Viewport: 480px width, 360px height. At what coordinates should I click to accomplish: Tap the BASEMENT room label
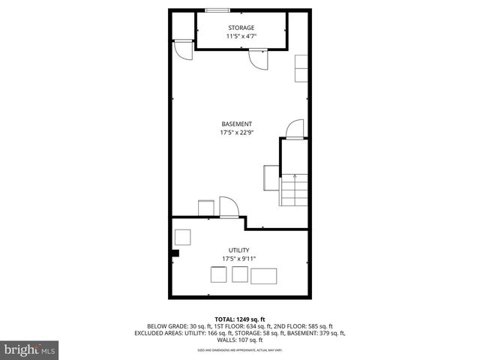click(x=236, y=124)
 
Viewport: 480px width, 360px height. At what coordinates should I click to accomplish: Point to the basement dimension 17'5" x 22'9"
click(x=236, y=133)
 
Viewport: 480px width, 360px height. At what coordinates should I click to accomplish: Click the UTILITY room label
click(x=239, y=250)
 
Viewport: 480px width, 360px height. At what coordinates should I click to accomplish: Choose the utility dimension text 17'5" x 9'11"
click(x=239, y=259)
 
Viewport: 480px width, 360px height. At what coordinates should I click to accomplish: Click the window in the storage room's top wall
click(x=218, y=10)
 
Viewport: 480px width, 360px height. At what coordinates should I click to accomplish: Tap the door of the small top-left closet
click(x=182, y=49)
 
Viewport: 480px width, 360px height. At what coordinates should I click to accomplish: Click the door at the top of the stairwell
click(x=294, y=129)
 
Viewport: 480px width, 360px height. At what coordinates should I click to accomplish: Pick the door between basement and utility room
click(x=229, y=207)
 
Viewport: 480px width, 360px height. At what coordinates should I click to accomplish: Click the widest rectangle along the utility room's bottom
click(x=263, y=275)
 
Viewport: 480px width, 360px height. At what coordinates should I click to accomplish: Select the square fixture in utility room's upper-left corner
click(x=184, y=238)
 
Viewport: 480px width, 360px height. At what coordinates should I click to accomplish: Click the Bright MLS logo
click(x=30, y=349)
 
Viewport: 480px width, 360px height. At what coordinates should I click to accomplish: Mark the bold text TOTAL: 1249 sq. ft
click(x=239, y=319)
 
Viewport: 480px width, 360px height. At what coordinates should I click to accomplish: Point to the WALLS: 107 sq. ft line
click(x=239, y=340)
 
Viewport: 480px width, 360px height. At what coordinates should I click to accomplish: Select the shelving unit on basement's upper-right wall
click(x=301, y=68)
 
